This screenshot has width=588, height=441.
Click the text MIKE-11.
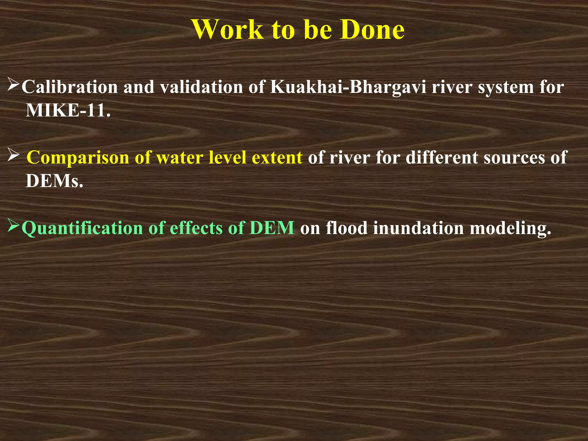[68, 110]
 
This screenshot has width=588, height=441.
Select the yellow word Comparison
[78, 158]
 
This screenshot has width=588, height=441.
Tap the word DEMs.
[55, 181]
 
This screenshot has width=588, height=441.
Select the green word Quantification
[82, 228]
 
